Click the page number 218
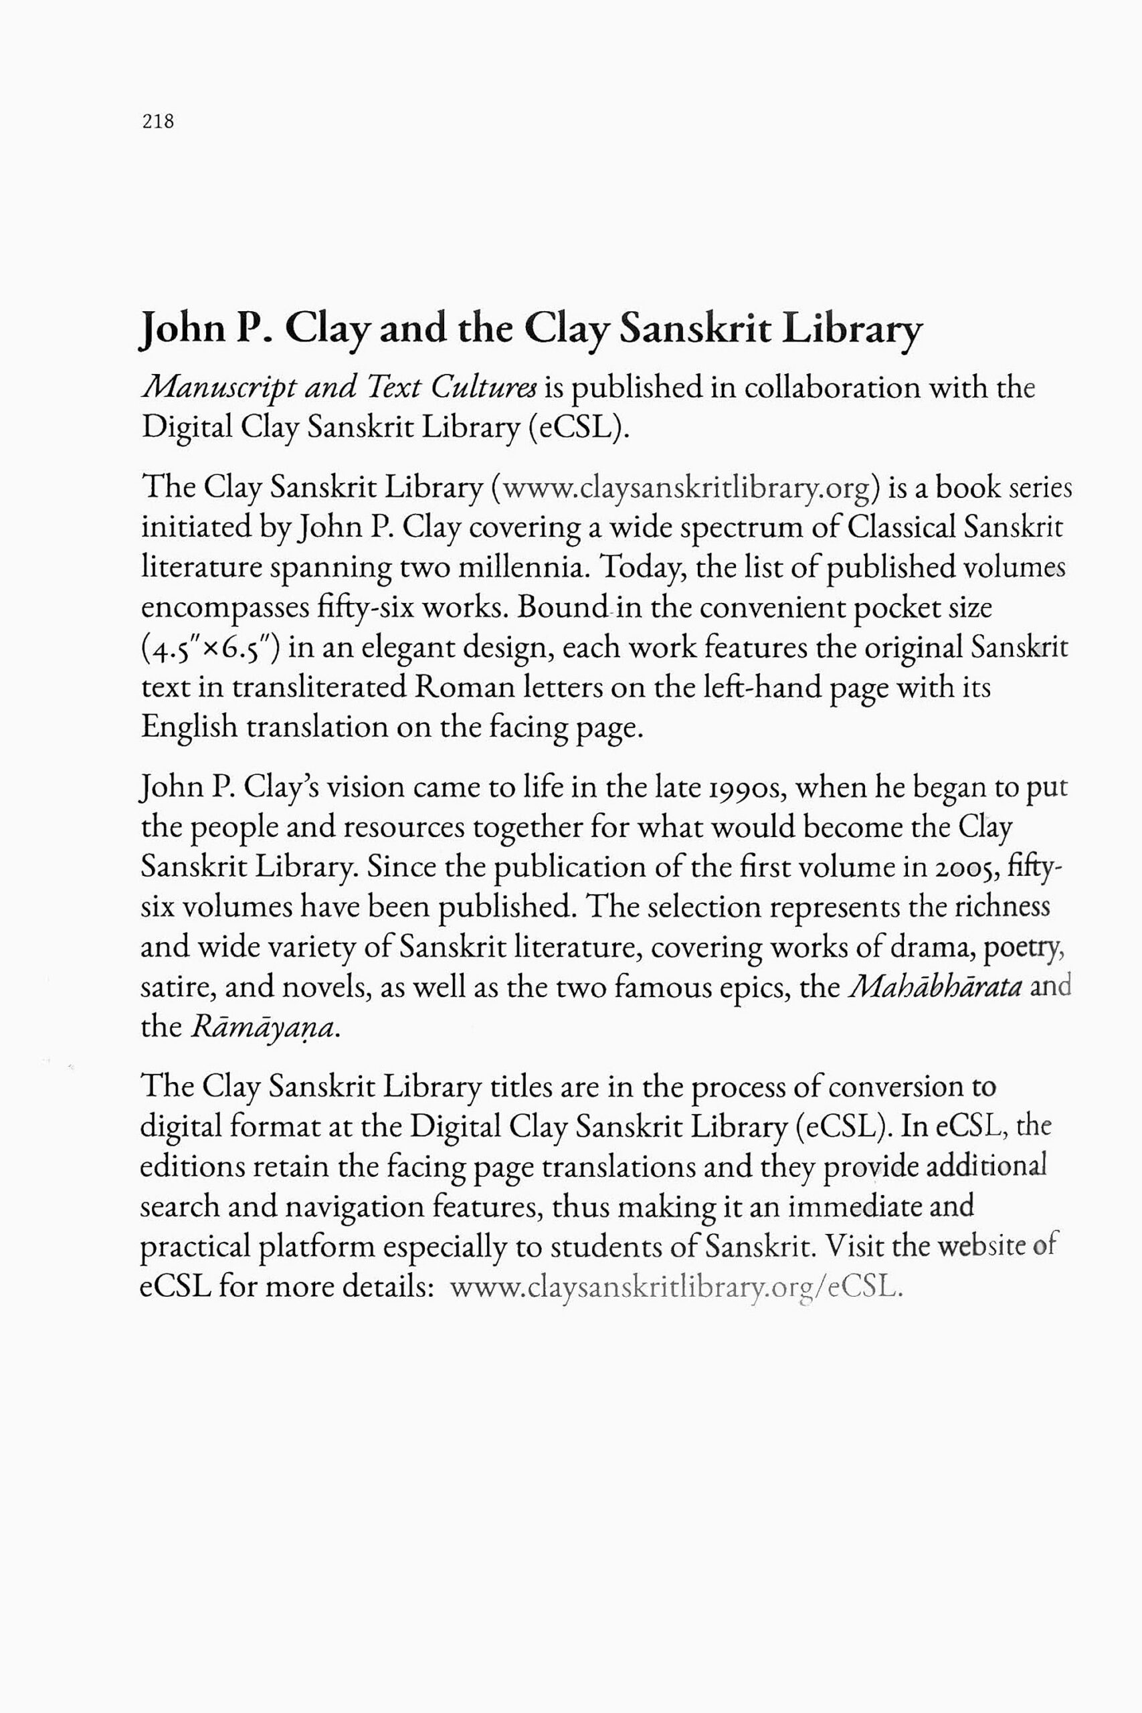point(158,121)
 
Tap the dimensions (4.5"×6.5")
point(211,648)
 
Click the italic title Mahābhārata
point(936,987)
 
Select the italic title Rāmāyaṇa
point(264,1027)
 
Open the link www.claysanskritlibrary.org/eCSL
point(676,1287)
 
